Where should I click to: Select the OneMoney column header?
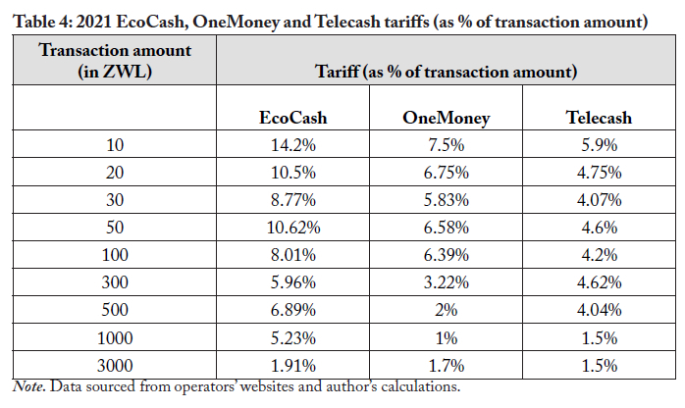tap(446, 118)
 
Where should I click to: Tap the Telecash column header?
tap(599, 118)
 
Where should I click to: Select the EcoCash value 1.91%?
tap(292, 365)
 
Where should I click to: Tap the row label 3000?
tap(114, 365)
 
